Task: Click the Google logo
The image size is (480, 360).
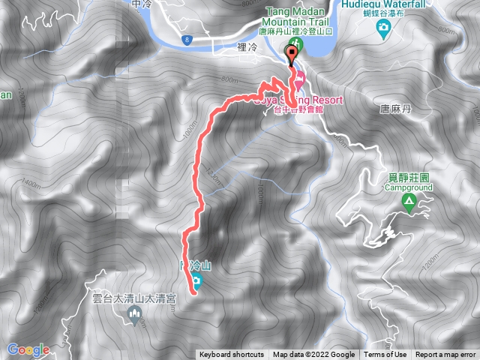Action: [28, 349]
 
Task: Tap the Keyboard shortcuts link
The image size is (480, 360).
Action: [232, 355]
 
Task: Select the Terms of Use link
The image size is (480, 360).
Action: [385, 355]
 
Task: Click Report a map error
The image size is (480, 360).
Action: [446, 355]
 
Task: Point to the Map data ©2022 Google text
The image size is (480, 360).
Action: [314, 355]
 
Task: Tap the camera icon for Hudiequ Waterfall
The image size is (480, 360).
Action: [383, 28]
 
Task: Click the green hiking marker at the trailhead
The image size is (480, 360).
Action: [292, 50]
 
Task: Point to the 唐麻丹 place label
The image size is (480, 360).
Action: [396, 109]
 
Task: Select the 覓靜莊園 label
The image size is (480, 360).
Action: [408, 178]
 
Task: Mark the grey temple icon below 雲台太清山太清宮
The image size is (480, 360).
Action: [137, 318]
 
